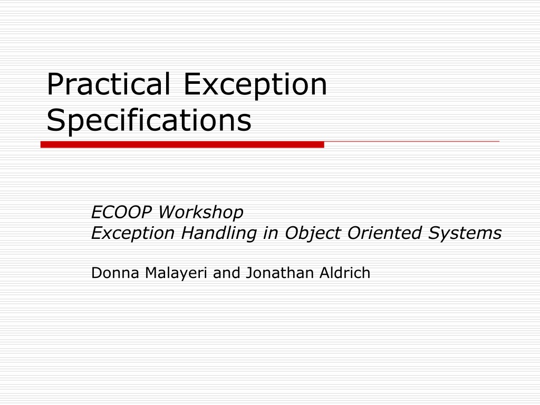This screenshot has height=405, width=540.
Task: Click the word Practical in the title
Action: [109, 84]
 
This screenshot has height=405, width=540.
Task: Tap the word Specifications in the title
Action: [149, 121]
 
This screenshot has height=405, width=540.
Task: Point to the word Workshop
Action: [201, 212]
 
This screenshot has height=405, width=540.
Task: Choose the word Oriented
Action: [384, 233]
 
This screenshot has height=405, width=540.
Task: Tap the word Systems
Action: [465, 233]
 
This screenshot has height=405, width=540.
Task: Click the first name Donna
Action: [115, 273]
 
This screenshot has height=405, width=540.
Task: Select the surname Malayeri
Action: [176, 273]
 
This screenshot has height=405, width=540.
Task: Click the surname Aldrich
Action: [345, 273]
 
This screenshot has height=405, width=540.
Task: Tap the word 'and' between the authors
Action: [226, 273]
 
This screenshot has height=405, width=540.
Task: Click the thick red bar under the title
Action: [182, 144]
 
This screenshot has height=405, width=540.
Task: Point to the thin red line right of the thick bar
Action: [411, 141]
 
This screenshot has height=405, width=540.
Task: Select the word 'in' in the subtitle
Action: [271, 233]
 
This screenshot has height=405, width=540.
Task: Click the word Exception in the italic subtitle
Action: [133, 233]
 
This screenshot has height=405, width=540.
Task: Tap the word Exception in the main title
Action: [255, 85]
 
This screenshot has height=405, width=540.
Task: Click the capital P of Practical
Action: [55, 84]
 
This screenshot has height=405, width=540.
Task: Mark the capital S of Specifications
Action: [56, 120]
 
